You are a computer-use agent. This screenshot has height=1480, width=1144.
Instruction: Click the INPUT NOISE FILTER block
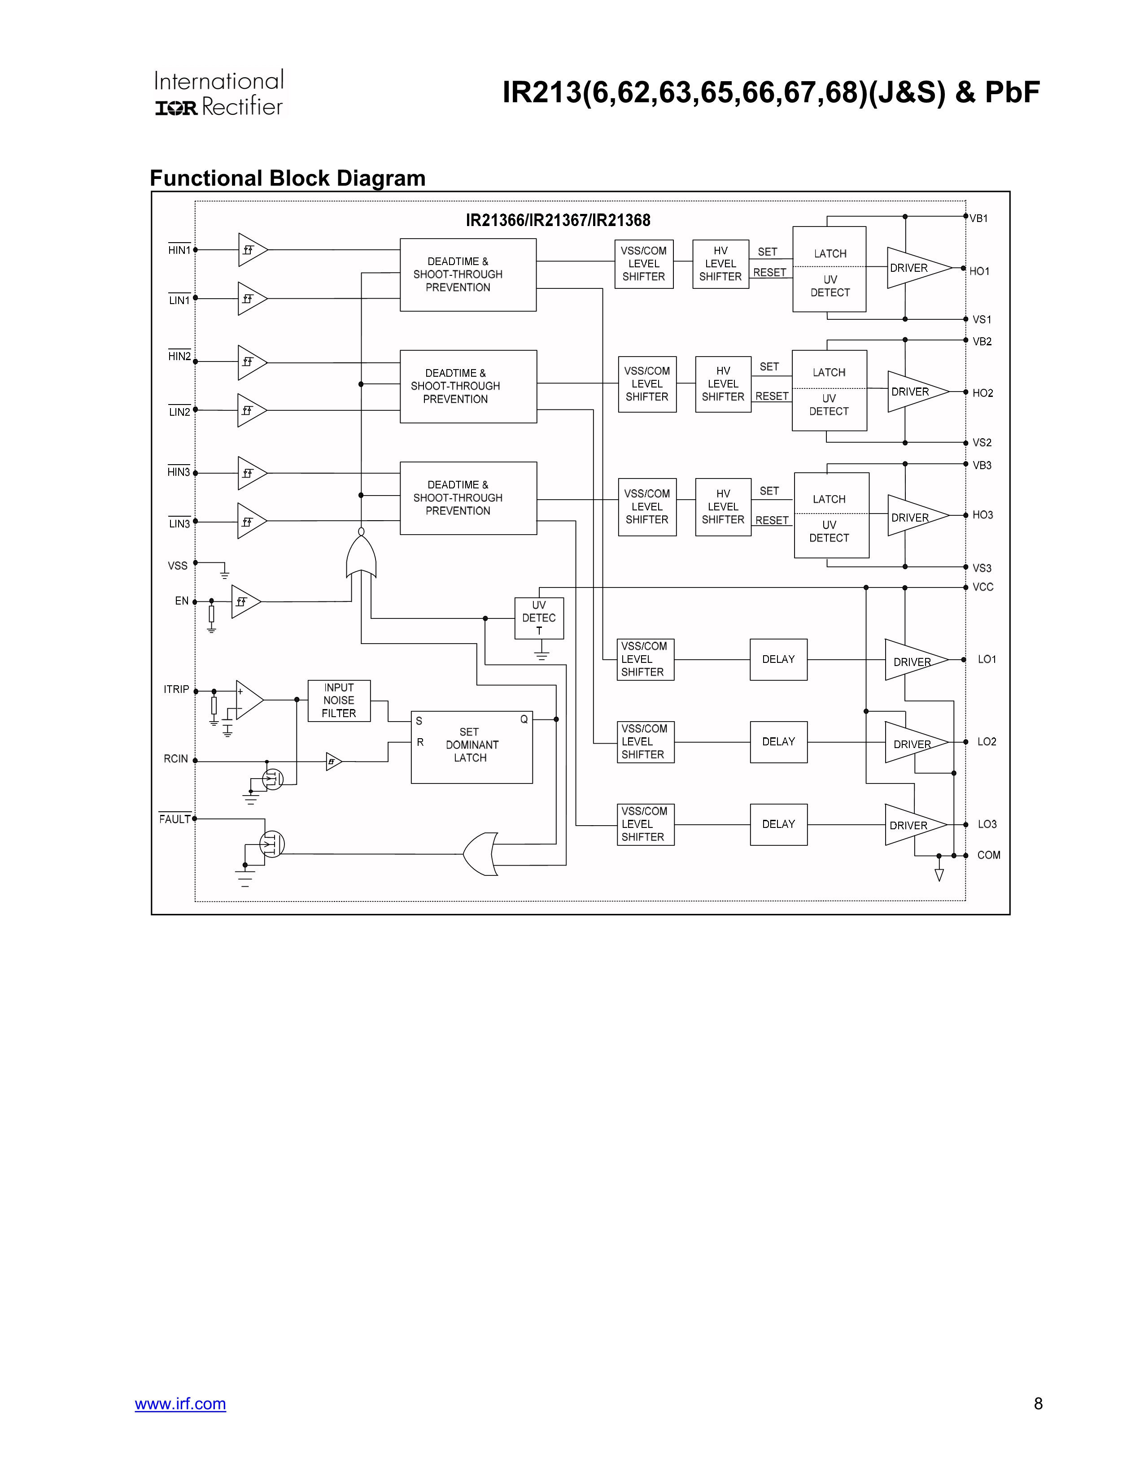(339, 700)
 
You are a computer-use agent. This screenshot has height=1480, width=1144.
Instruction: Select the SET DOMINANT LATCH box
(472, 746)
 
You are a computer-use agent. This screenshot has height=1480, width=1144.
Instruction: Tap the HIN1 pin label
(179, 250)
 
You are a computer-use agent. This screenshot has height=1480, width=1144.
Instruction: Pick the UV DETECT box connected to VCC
(539, 618)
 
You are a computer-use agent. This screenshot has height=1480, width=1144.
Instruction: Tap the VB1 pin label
(978, 218)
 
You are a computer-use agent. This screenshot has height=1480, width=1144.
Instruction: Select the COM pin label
(988, 855)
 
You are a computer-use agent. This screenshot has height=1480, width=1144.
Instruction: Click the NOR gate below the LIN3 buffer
(361, 554)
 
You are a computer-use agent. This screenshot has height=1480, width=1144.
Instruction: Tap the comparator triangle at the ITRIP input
(248, 699)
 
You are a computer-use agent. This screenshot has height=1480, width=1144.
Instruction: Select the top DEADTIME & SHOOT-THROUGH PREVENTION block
(467, 274)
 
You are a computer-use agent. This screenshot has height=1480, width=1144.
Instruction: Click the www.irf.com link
(180, 1403)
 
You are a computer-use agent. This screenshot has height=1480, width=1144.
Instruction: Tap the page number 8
(1038, 1403)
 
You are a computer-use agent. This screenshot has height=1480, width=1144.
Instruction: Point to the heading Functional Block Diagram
(288, 178)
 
